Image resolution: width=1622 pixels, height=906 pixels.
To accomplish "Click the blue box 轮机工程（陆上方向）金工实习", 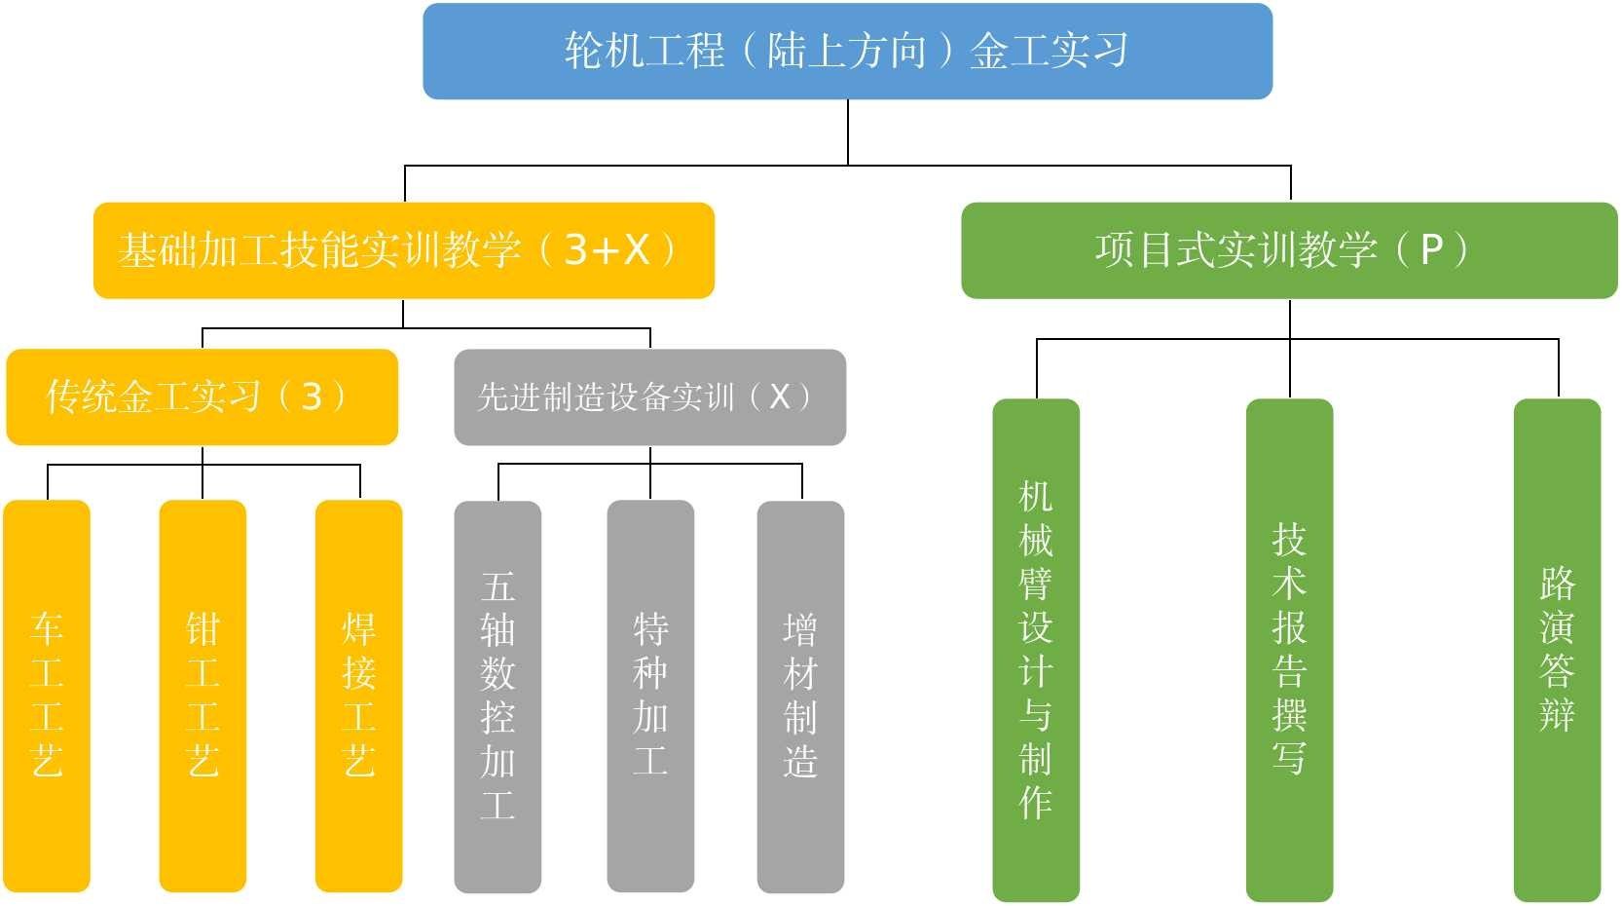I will pos(847,51).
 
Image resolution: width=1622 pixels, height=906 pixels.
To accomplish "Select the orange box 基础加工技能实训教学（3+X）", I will pos(403,250).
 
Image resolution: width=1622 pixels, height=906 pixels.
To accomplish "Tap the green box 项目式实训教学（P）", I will pos(1289,250).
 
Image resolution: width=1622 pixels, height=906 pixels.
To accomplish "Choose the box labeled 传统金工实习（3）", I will pos(202,396).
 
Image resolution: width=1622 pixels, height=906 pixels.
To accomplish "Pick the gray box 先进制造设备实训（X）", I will pos(649,396).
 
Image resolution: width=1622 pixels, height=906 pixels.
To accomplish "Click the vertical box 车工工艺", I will pos(47,696).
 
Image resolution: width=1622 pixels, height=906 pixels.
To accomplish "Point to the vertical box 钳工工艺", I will pos(203,696).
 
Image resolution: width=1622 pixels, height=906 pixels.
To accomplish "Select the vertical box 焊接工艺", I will pos(358,696).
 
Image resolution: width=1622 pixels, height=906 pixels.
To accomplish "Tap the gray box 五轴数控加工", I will pos(498,696).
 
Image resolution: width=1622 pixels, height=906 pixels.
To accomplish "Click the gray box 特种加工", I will pos(650,696).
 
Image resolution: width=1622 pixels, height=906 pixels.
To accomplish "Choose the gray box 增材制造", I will pos(800,696).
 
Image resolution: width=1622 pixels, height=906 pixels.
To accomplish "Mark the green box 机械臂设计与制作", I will pos(1036,650).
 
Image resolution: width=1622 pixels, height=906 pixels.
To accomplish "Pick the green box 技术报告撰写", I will pos(1289,650).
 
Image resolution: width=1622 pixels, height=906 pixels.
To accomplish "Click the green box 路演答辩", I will pos(1557,650).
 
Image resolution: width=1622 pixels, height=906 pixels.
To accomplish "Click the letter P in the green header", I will pos(1431,250).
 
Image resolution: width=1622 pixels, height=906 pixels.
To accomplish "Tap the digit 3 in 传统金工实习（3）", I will pos(312,396).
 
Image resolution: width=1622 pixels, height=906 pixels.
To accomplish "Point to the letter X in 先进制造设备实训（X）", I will pos(779,396).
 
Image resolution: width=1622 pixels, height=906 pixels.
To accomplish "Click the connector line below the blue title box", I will pos(848,132).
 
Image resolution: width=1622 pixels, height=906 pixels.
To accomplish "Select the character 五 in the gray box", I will pos(498,587).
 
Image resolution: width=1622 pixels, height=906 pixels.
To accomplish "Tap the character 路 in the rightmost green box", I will pos(1557,584).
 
